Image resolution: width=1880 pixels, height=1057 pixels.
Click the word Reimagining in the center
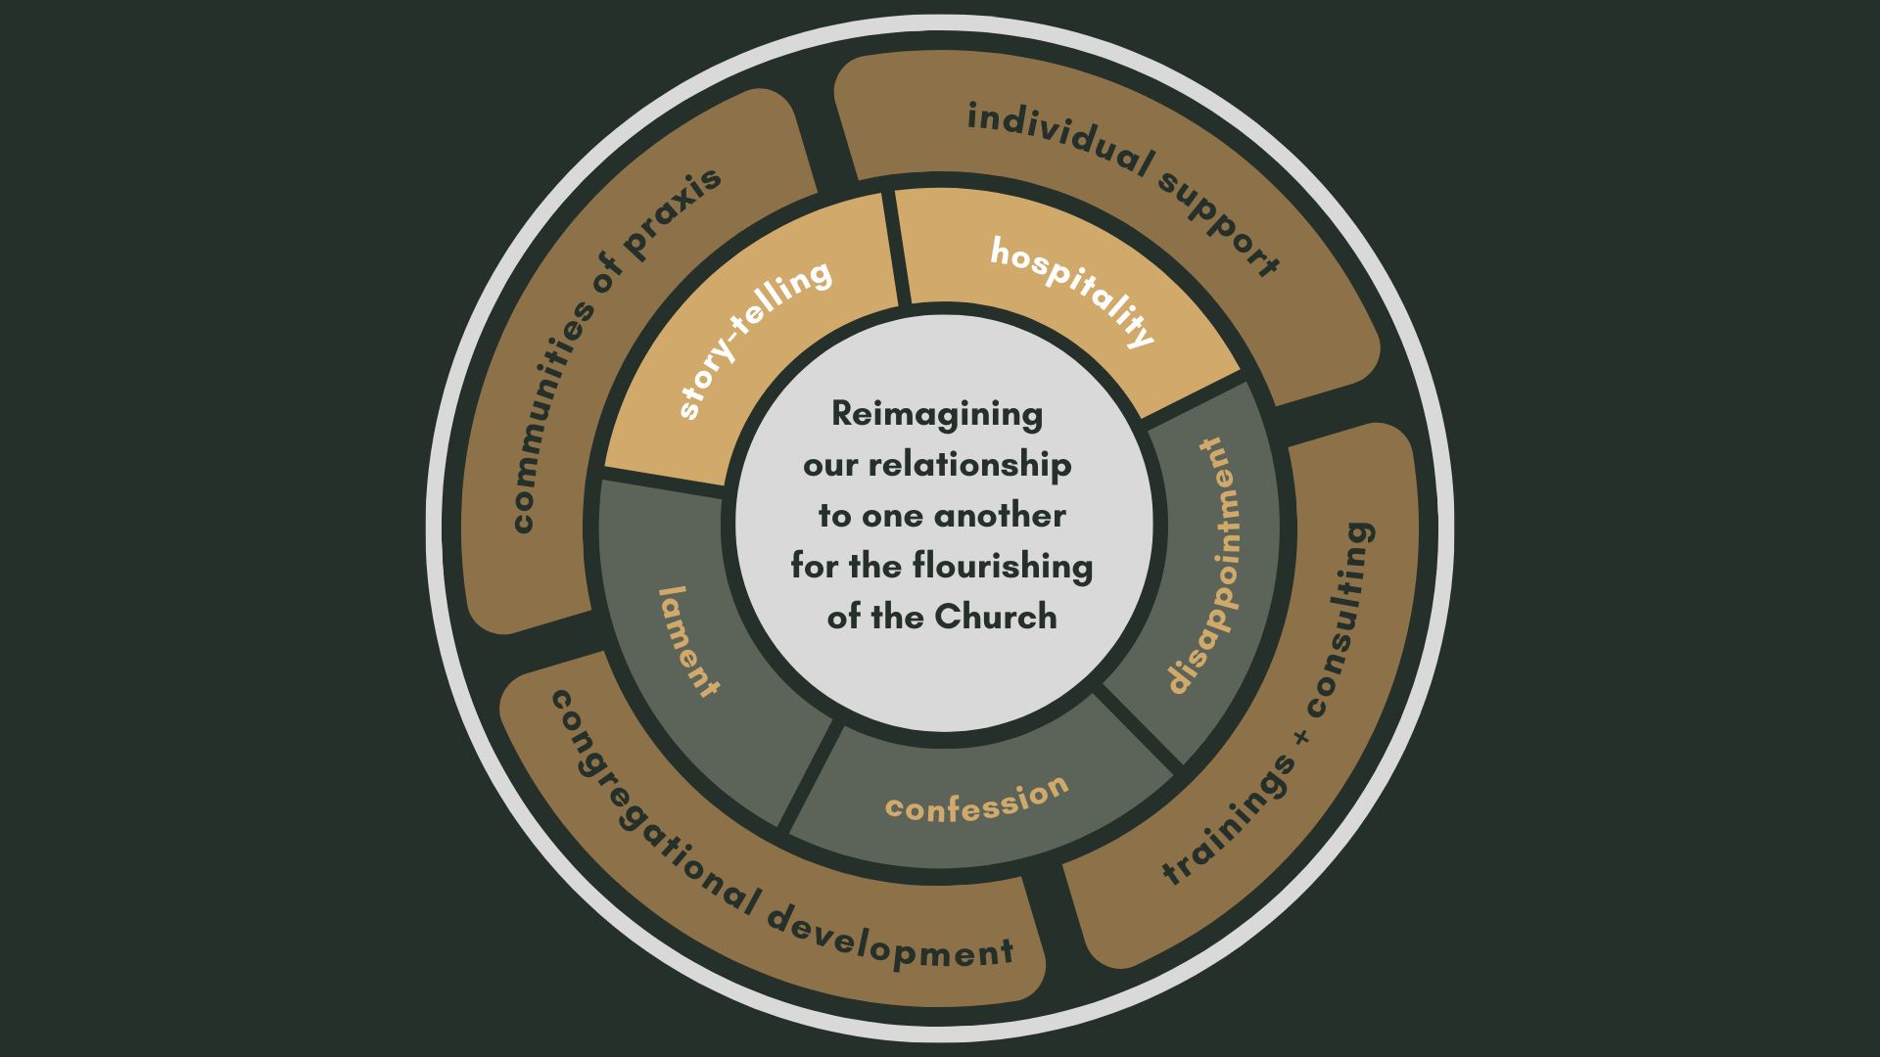click(x=937, y=415)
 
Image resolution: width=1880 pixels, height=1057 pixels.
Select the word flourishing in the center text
click(x=1003, y=566)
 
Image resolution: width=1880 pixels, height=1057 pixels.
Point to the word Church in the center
click(x=996, y=617)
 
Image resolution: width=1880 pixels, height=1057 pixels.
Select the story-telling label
click(x=754, y=338)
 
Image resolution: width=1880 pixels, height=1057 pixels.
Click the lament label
click(x=688, y=642)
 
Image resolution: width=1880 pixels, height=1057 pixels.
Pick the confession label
click(x=976, y=800)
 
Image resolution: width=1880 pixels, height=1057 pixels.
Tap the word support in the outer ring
click(x=1220, y=223)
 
